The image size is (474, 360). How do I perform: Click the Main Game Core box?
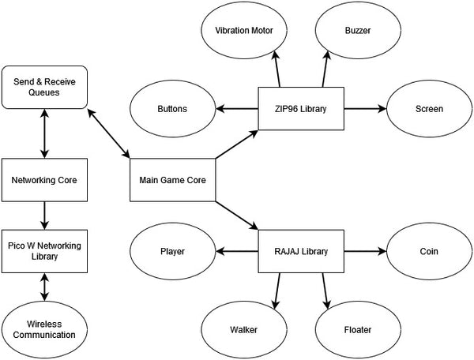(172, 180)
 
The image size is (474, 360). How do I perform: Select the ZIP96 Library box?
(302, 108)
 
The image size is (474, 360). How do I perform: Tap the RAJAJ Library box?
(302, 252)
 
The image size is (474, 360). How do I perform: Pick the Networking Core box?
(44, 180)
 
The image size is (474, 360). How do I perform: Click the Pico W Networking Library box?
(44, 252)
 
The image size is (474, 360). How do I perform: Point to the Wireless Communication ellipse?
(44, 328)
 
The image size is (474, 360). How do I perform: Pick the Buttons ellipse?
(172, 108)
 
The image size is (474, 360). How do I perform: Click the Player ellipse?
(172, 252)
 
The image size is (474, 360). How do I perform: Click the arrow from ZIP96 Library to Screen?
(365, 108)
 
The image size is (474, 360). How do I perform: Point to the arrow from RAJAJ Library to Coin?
(365, 252)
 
